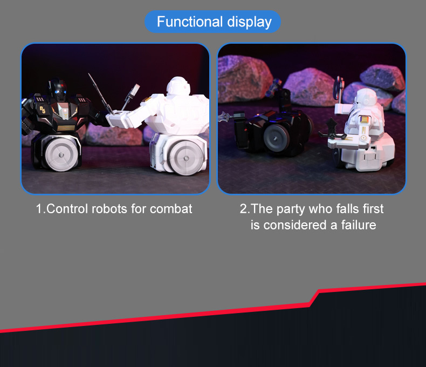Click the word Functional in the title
point(190,22)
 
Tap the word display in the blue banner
point(250,22)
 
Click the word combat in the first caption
point(171,209)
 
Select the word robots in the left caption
point(109,209)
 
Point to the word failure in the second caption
point(359,225)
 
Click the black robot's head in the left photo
point(58,87)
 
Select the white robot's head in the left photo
point(178,86)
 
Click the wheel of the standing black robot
point(61,155)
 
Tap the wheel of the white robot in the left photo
point(186,158)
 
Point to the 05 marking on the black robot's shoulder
point(43,110)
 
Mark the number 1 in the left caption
point(39,209)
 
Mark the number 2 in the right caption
point(243,209)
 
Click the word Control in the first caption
point(67,209)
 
